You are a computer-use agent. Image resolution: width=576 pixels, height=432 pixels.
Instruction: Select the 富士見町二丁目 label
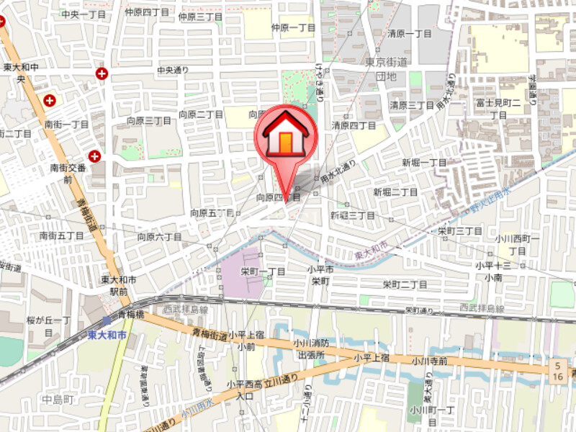[x=498, y=109]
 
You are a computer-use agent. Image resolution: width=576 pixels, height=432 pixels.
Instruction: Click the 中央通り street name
[x=173, y=70]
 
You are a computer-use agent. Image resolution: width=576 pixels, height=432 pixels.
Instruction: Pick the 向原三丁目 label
[x=148, y=121]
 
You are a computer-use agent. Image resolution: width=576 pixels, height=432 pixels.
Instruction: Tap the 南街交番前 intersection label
[x=68, y=173]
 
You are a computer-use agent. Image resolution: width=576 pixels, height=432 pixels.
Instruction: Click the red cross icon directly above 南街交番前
[x=95, y=156]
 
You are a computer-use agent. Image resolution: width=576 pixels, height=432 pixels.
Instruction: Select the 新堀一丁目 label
[x=425, y=162]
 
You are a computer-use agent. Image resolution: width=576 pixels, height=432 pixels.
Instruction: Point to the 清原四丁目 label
[x=354, y=125]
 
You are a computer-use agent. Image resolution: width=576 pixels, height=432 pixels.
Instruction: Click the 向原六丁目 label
[x=160, y=236]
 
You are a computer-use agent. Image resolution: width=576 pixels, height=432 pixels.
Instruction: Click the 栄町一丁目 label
[x=263, y=271]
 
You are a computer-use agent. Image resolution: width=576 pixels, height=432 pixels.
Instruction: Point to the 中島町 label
[x=58, y=399]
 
